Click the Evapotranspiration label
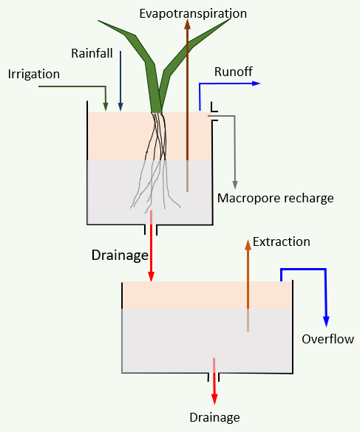click(193, 14)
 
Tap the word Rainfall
click(92, 53)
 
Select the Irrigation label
click(34, 74)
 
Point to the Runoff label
click(233, 72)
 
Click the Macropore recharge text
click(275, 198)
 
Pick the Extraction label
click(282, 241)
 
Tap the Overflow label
click(327, 339)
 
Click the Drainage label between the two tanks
click(120, 255)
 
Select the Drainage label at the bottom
click(214, 417)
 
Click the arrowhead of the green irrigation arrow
click(106, 106)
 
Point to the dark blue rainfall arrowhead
click(120, 106)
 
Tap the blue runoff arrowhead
click(257, 83)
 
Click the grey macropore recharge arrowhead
click(235, 185)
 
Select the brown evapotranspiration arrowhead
click(187, 24)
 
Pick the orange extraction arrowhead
click(248, 244)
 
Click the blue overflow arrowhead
click(326, 322)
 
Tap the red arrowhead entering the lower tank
click(152, 277)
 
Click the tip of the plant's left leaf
click(98, 21)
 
